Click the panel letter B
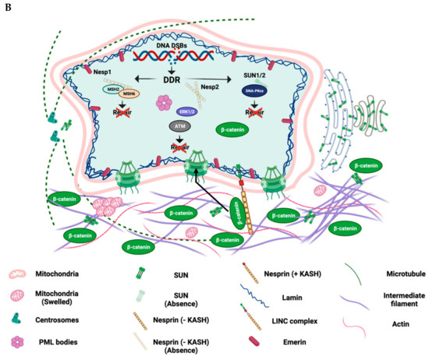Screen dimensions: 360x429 (x=6, y=7)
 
